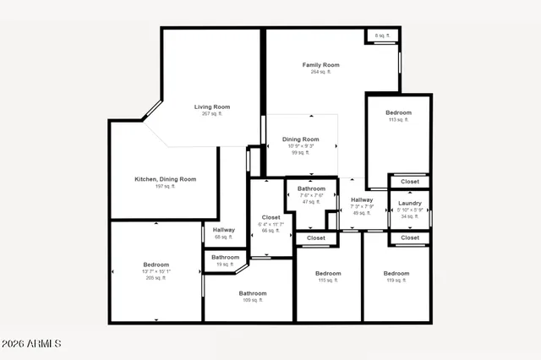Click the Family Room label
[320, 65]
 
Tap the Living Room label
[212, 107]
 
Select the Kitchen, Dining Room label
[165, 179]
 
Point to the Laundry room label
[409, 204]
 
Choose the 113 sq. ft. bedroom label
[398, 113]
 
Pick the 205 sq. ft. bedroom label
[156, 265]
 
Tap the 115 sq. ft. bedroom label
[328, 274]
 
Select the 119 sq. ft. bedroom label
[396, 274]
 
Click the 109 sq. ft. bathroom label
[252, 294]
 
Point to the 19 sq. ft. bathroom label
[225, 258]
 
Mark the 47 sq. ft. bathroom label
[311, 188]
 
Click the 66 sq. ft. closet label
[270, 217]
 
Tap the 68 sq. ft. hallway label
[224, 230]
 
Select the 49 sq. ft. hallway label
[362, 200]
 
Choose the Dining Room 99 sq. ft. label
[300, 139]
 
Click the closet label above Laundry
[410, 182]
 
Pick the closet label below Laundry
[410, 238]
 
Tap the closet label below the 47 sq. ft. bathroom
[315, 238]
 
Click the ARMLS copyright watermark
[32, 344]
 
